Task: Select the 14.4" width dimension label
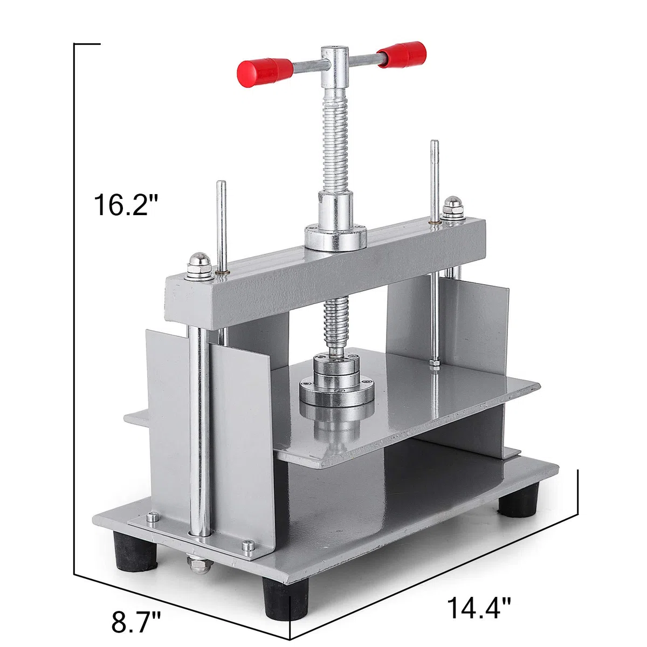pyautogui.click(x=479, y=589)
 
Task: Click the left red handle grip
pyautogui.click(x=265, y=72)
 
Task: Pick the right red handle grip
pyautogui.click(x=402, y=55)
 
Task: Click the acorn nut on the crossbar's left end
pyautogui.click(x=199, y=266)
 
